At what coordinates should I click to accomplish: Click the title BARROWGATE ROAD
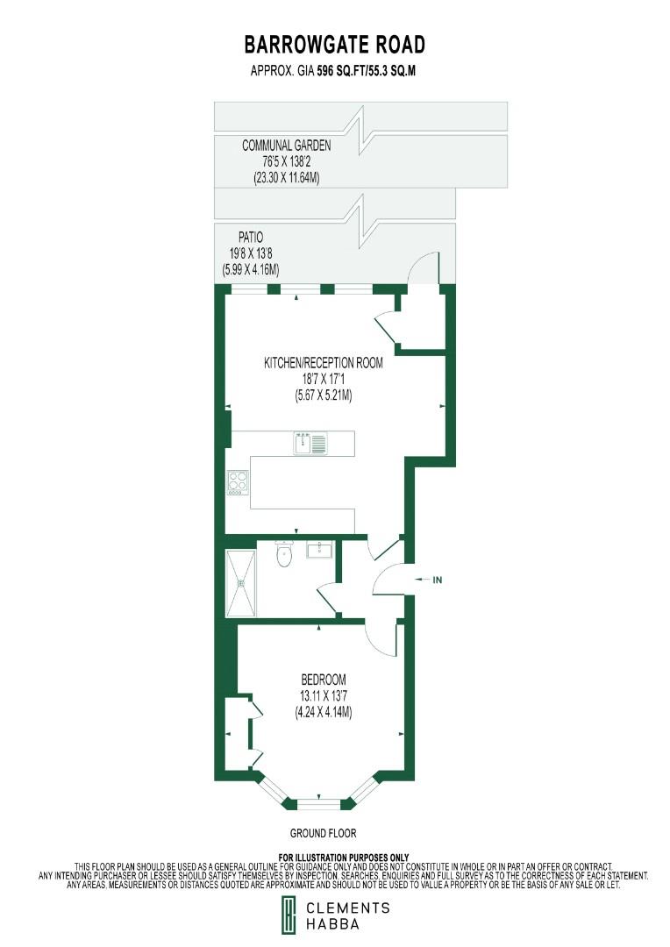click(334, 45)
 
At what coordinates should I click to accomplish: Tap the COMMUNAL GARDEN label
click(287, 146)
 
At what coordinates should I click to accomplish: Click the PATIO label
click(251, 237)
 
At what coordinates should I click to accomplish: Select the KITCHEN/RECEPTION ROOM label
click(324, 362)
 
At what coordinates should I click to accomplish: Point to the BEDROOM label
click(324, 680)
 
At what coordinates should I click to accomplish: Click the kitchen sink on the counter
click(310, 443)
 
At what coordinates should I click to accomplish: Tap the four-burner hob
click(238, 482)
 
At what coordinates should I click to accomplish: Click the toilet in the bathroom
click(284, 554)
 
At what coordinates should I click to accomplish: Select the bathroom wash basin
click(319, 550)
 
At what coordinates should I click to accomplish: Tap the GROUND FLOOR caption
click(324, 833)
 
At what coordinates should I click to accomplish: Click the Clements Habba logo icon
click(287, 916)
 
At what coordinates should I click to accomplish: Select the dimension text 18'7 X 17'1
click(324, 379)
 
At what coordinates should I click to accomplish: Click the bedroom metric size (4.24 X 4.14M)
click(324, 712)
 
